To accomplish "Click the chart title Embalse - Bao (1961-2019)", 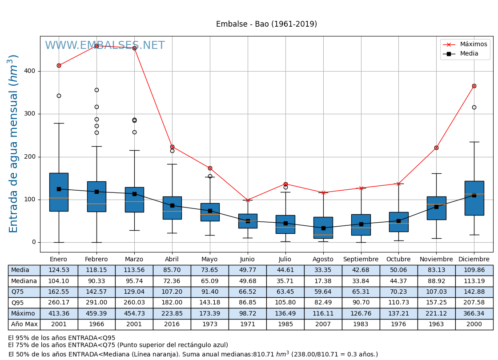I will click(266, 24).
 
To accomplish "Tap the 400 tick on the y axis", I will click(30, 71).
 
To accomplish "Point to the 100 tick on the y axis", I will click(30, 200).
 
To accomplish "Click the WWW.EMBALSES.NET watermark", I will click(104, 46).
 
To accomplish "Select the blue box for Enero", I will click(59, 192).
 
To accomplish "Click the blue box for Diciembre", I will click(474, 198).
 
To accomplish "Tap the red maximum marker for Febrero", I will click(96, 46).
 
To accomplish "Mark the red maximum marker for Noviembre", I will click(436, 148).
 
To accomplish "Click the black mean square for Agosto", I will click(323, 228).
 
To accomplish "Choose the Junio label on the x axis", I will click(247, 260).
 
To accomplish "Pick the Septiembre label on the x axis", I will click(361, 260).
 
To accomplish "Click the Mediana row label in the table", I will click(24, 281).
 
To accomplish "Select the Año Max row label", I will click(24, 324).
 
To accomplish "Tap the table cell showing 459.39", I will click(96, 313).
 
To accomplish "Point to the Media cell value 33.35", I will click(323, 270).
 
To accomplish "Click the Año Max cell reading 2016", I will click(172, 324).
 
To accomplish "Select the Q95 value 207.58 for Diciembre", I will click(474, 303).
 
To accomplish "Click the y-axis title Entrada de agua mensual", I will click(14, 144).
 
